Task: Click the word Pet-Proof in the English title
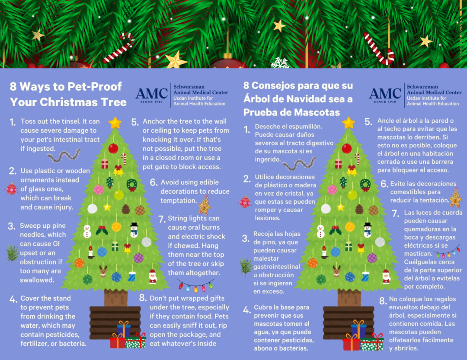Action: point(95,86)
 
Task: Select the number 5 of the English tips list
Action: point(135,122)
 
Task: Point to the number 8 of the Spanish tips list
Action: point(383,301)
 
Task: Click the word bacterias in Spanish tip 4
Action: point(294,348)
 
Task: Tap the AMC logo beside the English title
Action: point(152,95)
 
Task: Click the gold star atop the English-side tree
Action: point(115,123)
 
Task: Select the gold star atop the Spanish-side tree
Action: point(349,123)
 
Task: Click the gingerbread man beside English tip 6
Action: point(205,205)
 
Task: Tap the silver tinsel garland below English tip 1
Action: point(64,155)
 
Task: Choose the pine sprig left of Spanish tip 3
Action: point(246,266)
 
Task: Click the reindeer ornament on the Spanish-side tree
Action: point(337,271)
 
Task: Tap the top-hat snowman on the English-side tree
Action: point(134,230)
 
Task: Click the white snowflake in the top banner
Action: point(280,63)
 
